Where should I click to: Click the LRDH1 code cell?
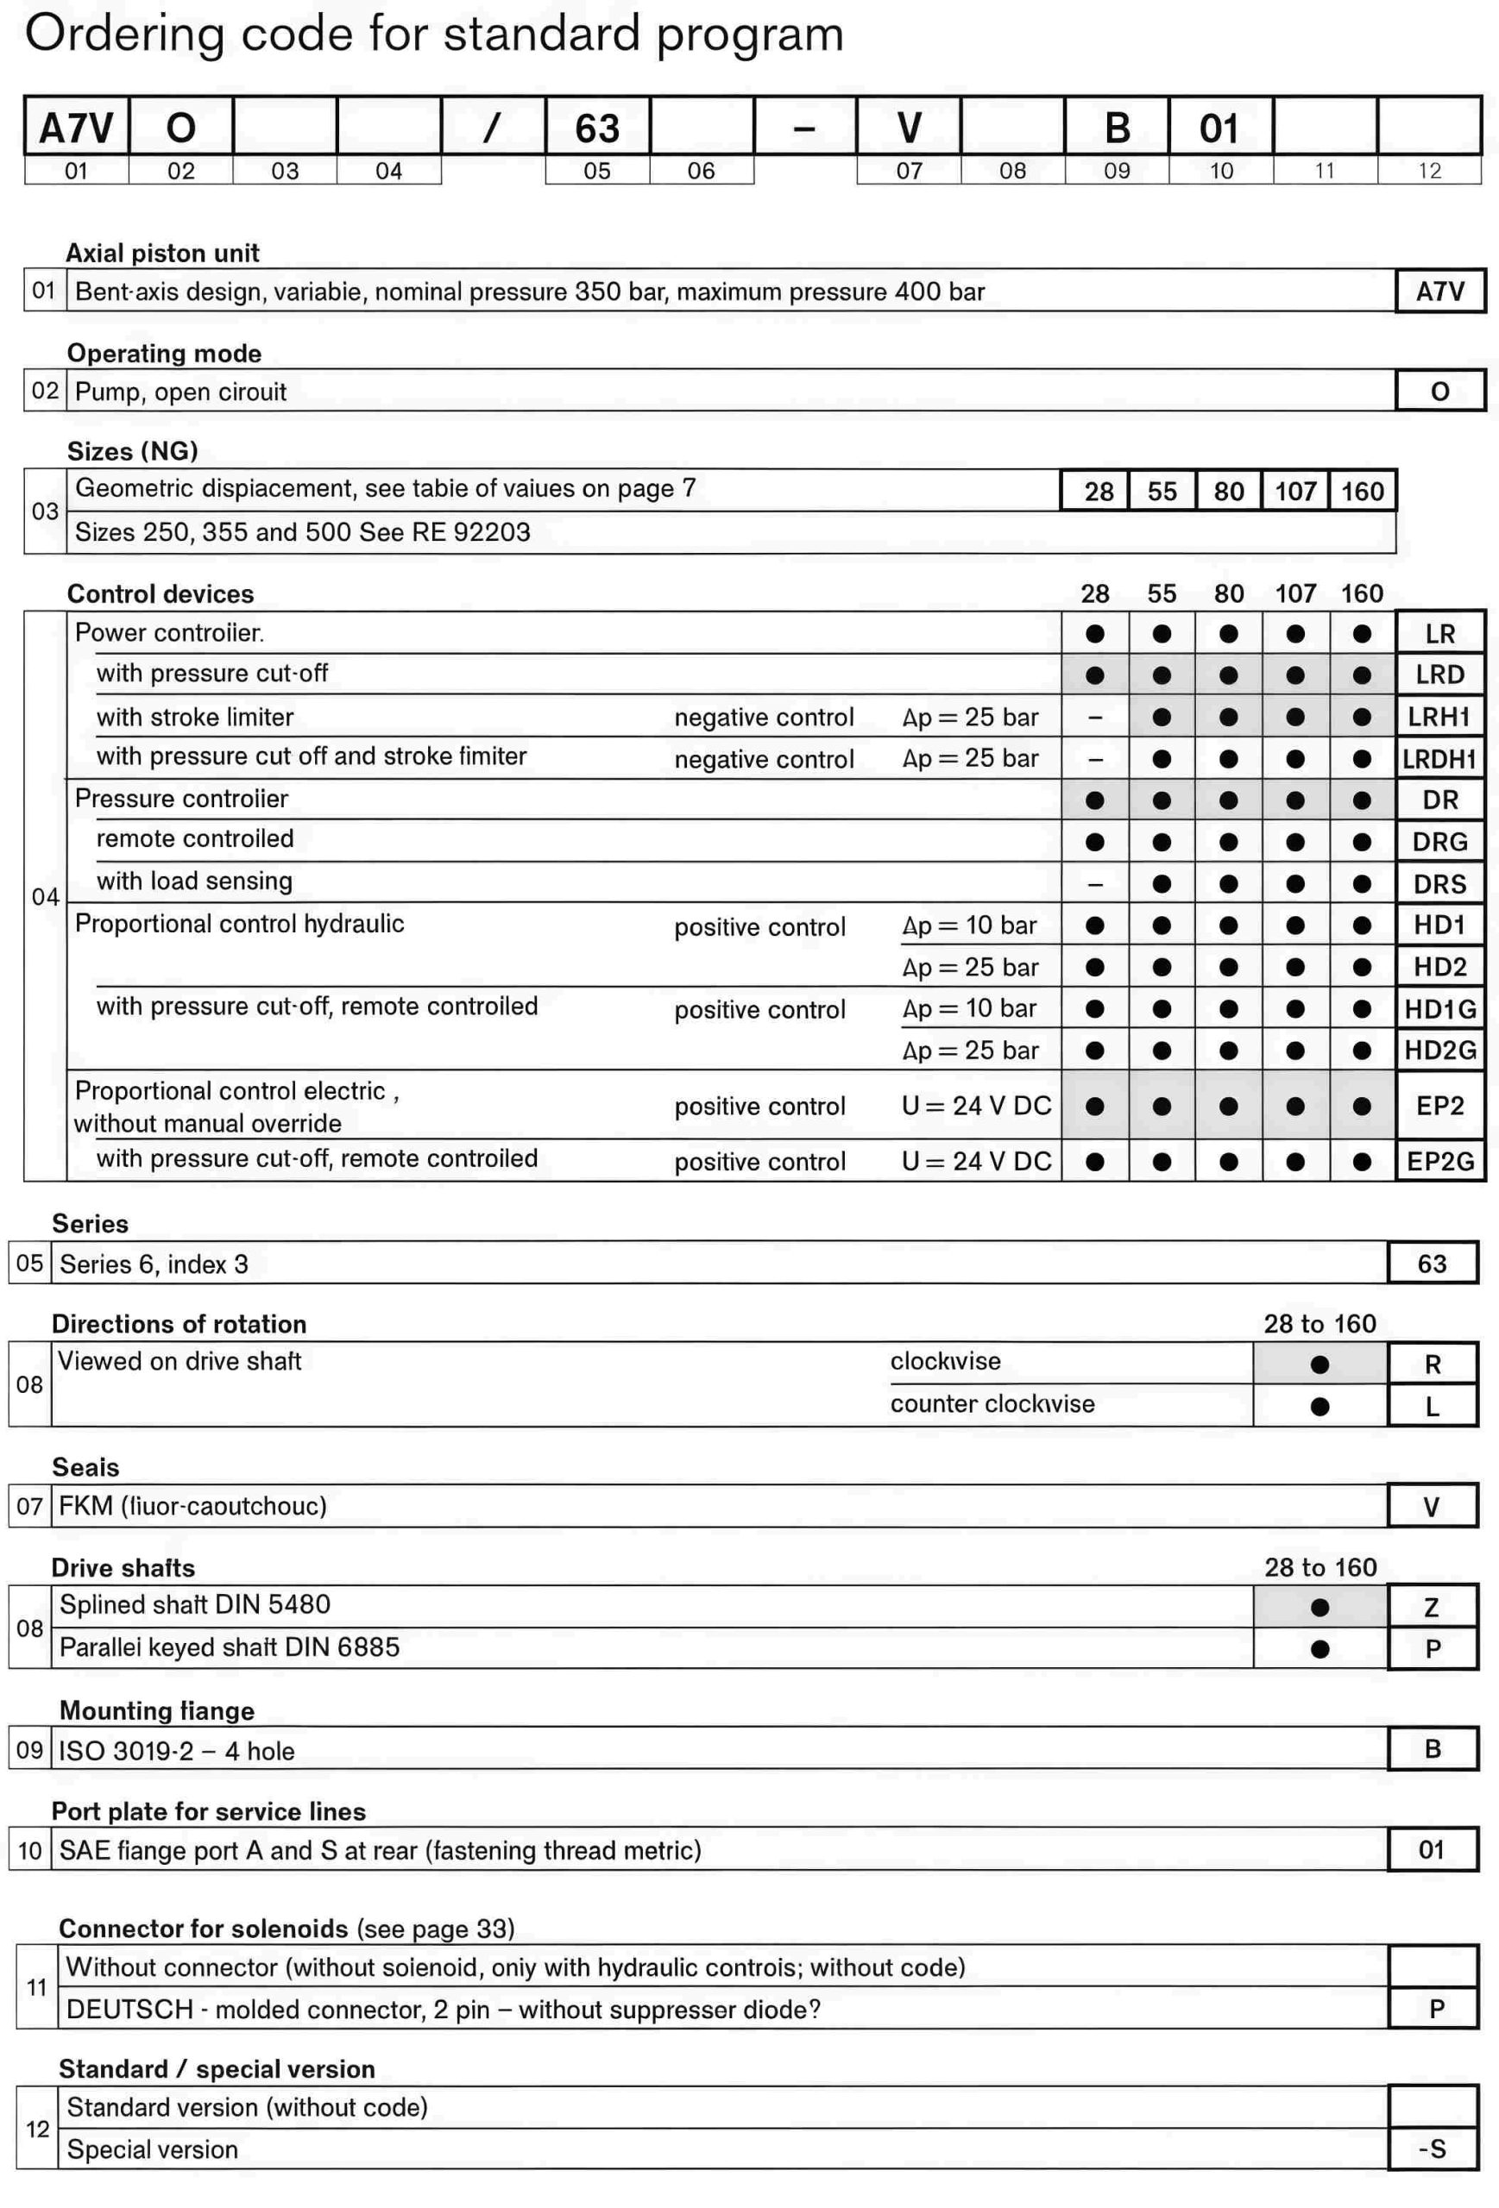(1439, 758)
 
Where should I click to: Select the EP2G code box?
(1439, 1161)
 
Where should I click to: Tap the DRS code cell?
(1439, 883)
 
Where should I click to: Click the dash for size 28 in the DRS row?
(1095, 883)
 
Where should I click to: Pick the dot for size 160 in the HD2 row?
(1361, 967)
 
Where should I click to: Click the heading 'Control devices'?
(160, 593)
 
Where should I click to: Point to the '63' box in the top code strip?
(597, 129)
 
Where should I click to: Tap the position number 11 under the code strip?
(1324, 171)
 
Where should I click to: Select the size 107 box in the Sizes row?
(1294, 492)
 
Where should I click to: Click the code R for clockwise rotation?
(1433, 1364)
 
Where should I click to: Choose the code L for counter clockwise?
(1433, 1406)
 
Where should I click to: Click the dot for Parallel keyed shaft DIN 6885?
(1319, 1649)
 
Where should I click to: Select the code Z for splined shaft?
(1433, 1608)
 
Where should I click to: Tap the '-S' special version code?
(1433, 2148)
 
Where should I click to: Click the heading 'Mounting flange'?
(157, 1710)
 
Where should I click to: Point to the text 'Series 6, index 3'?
(153, 1264)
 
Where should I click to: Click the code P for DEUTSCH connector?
(1436, 2009)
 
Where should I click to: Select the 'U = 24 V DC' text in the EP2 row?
(976, 1106)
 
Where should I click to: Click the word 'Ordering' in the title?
(123, 35)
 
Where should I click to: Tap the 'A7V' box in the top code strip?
(76, 129)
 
